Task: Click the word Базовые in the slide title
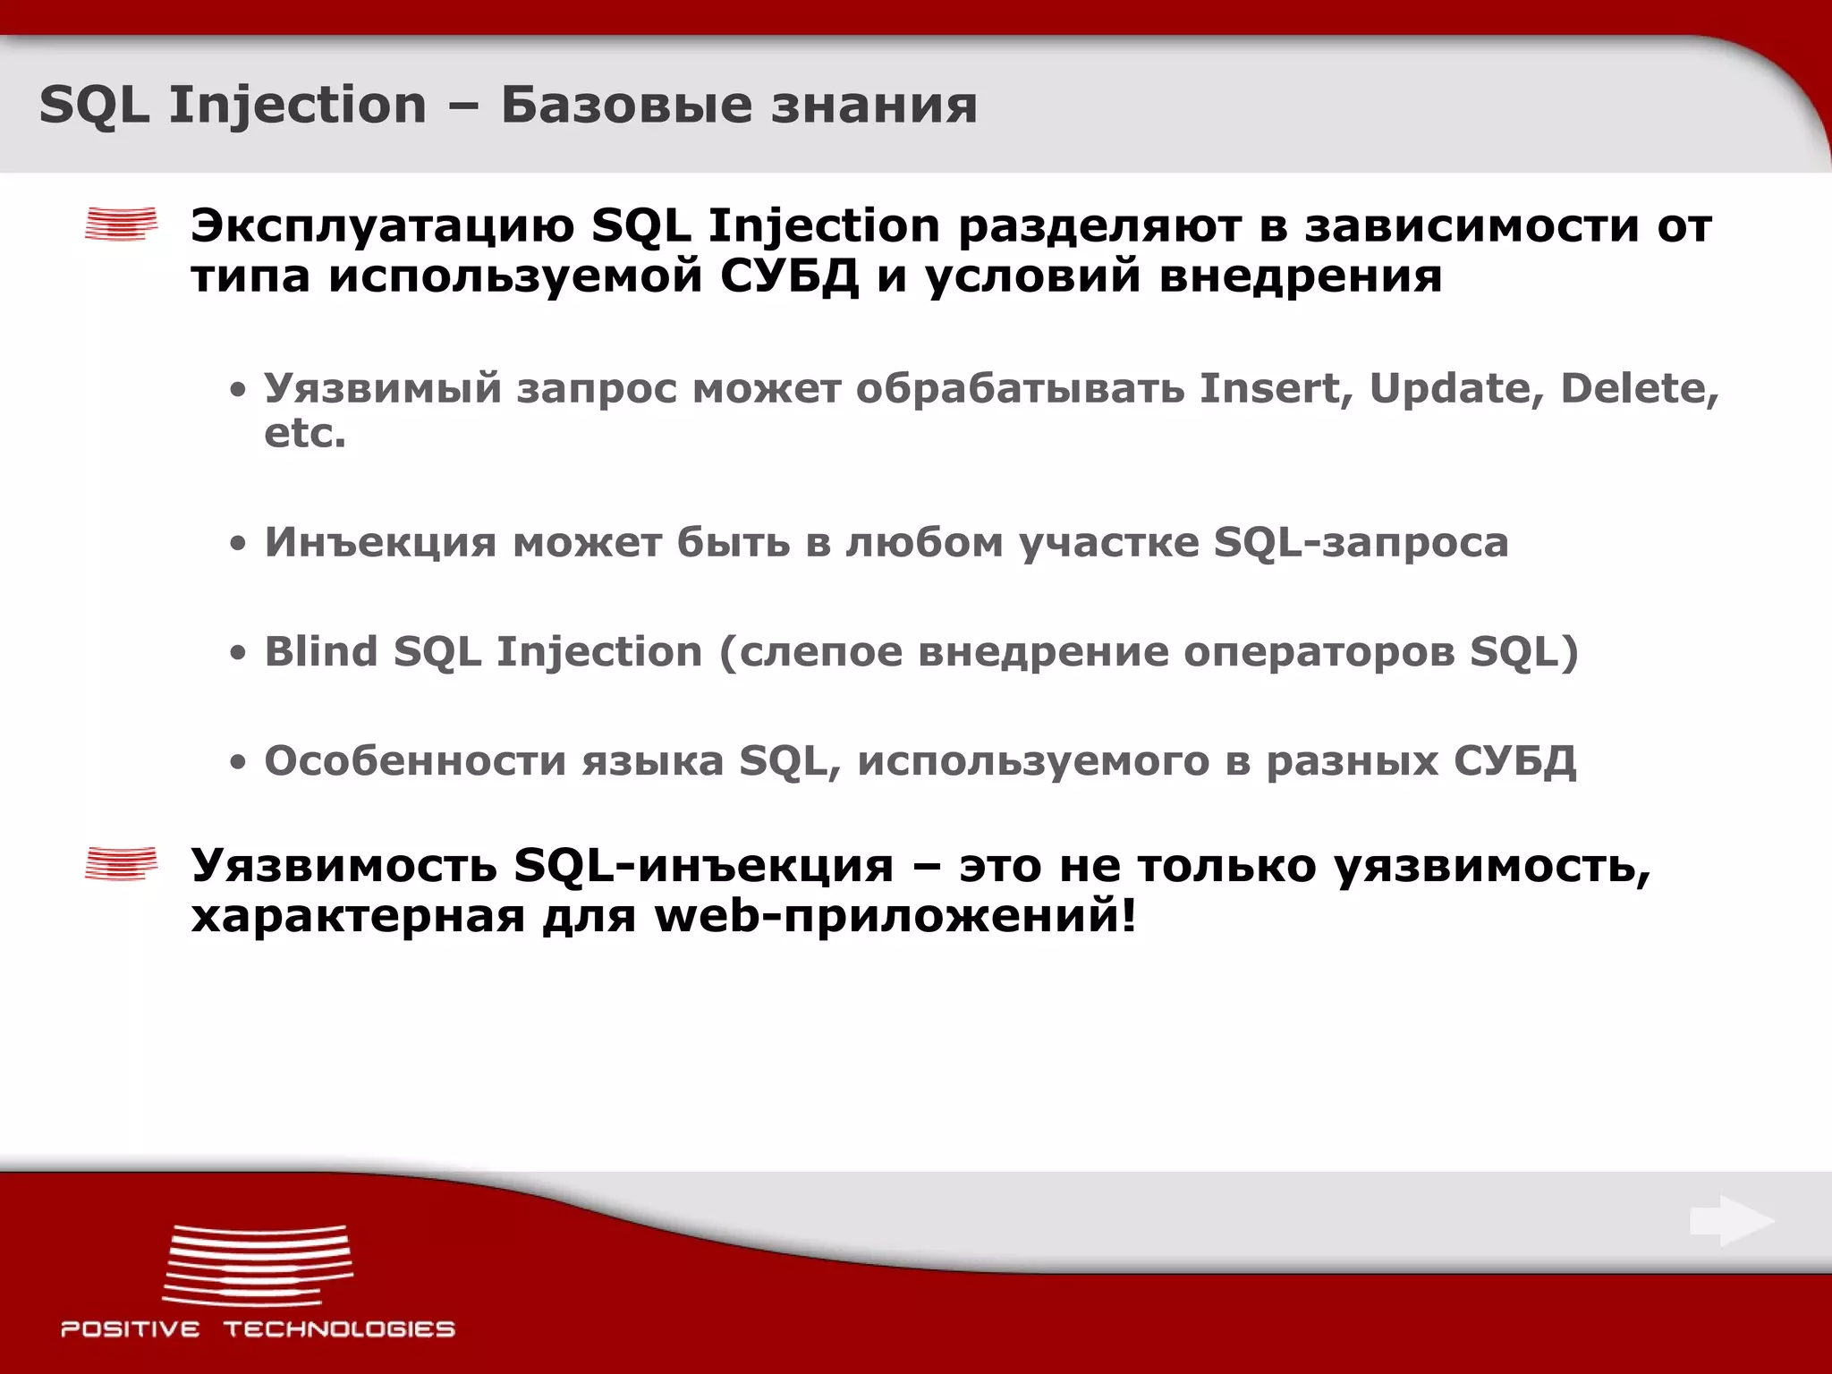coord(626,105)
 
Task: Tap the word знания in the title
coord(874,105)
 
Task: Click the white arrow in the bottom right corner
coord(1732,1221)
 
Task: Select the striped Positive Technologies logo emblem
coord(258,1265)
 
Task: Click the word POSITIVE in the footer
coord(131,1329)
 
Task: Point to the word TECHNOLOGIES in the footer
coord(339,1329)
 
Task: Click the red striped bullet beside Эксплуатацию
coord(121,224)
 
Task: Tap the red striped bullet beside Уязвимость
coord(121,863)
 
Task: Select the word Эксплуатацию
coord(382,225)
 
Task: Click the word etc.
coord(304,434)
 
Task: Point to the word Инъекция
coord(380,542)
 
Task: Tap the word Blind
coord(320,651)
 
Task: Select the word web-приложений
coord(895,916)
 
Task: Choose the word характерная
coord(358,916)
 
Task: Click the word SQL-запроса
coord(1361,542)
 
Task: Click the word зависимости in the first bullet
coord(1472,225)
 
